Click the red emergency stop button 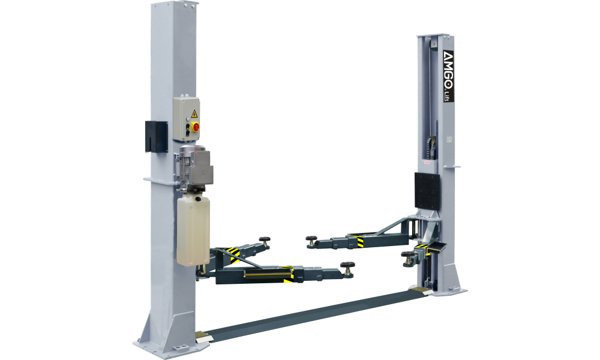coord(196,127)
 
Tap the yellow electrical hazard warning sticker coord(194,113)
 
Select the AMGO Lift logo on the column coord(448,76)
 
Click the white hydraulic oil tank coord(193,230)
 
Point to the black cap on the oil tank coord(198,199)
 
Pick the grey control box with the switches coord(187,119)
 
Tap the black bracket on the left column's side coord(156,137)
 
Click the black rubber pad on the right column coord(427,191)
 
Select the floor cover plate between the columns coord(312,314)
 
